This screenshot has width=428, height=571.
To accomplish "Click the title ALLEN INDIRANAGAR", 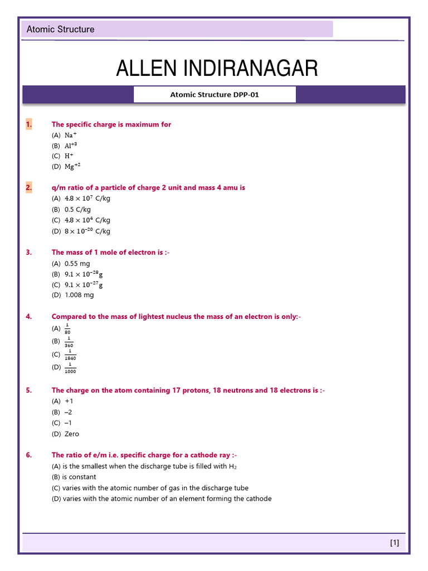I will (x=217, y=69).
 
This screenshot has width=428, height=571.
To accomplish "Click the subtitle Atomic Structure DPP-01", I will (x=215, y=95).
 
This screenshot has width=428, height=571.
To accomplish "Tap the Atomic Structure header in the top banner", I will (x=61, y=30).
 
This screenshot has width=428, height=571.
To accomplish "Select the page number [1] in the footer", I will (x=395, y=543).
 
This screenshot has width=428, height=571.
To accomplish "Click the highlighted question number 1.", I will (x=29, y=124).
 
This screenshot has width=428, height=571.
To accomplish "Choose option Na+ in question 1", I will (x=71, y=136).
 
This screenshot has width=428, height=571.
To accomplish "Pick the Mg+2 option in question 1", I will (x=72, y=167).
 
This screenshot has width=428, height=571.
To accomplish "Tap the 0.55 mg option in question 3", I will (x=77, y=263).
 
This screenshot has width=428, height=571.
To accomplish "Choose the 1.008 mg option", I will (x=79, y=295).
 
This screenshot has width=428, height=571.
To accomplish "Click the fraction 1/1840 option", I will (x=70, y=355).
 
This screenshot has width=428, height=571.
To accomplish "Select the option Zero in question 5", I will (x=72, y=434).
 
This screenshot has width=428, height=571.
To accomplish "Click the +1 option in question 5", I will (x=69, y=401).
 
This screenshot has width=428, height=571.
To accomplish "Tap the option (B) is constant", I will (x=74, y=477).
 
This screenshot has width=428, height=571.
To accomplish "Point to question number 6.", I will (x=29, y=455).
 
